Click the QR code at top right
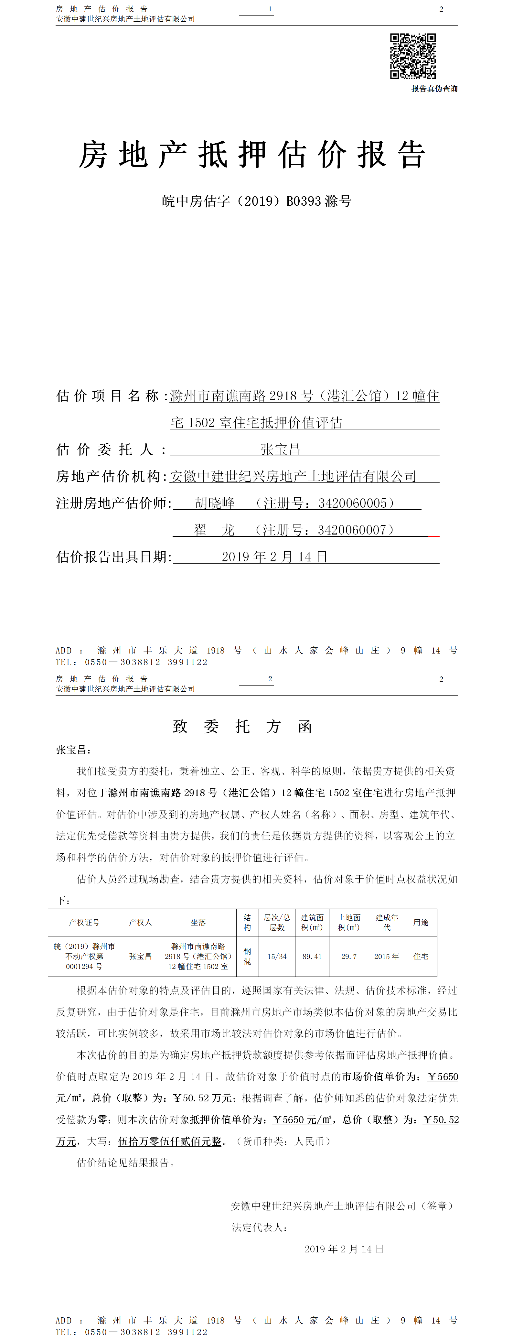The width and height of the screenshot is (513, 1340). pos(413,56)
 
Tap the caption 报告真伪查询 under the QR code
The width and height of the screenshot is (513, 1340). pos(434,89)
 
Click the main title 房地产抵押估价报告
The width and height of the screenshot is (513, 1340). pos(252,155)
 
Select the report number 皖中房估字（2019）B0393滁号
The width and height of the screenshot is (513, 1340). pos(256,201)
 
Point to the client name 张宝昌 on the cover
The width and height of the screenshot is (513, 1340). pos(281,449)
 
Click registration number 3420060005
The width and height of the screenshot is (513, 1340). pos(353,503)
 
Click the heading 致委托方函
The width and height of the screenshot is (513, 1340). pos(242,727)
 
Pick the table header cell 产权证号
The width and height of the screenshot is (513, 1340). pos(84,922)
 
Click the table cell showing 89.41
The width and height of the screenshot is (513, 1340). pos(312,956)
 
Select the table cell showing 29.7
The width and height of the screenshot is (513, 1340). pos(349,956)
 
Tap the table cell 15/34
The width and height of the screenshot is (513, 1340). pos(277,956)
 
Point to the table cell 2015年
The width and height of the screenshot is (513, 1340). pos(387,956)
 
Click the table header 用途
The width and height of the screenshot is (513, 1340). pos(421,922)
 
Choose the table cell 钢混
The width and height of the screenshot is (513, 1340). pos(247,956)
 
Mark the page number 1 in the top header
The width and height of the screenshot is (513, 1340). pos(270,9)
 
